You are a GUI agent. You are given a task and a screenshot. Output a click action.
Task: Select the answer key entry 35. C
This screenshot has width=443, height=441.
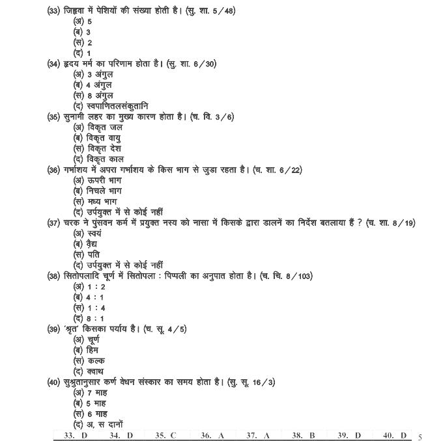tap(165, 435)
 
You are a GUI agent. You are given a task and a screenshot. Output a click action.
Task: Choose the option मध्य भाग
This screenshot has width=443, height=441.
tap(94, 202)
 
